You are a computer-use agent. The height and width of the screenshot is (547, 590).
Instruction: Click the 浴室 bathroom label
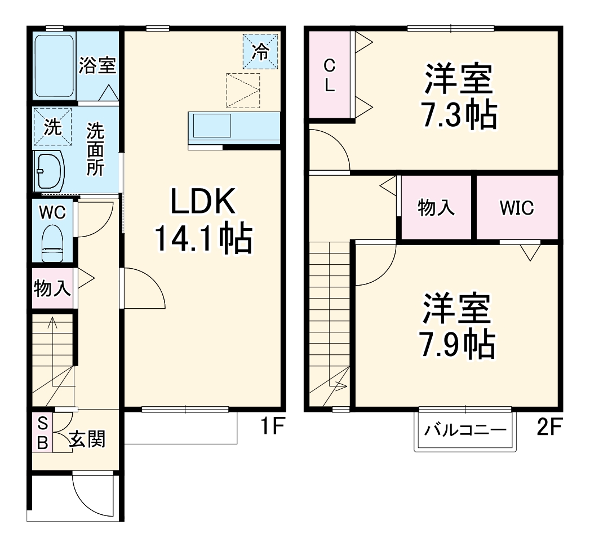[x=97, y=65]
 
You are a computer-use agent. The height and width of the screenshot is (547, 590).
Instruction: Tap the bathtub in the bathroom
[x=54, y=66]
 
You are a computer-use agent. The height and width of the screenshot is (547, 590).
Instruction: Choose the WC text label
[x=52, y=212]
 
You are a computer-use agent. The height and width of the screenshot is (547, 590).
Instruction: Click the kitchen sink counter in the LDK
[x=233, y=128]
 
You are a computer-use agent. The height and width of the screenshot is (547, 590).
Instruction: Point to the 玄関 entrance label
[x=87, y=438]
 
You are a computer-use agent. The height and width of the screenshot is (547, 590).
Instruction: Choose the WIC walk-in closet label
[x=516, y=208]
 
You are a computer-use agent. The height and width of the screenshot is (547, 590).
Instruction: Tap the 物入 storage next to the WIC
[x=436, y=208]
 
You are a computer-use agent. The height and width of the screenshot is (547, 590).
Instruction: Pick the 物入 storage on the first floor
[x=52, y=289]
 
